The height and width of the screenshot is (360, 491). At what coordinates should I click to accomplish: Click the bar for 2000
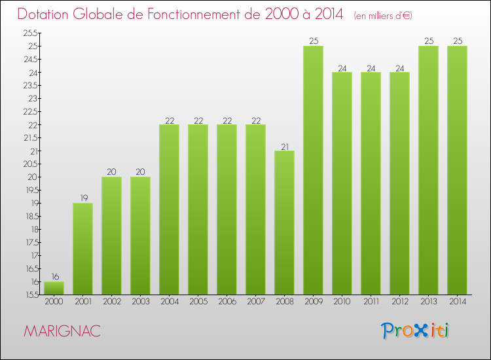pyautogui.click(x=54, y=288)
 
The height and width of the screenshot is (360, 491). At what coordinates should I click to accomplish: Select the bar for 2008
pyautogui.click(x=284, y=223)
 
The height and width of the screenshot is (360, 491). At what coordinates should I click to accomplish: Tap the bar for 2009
pyautogui.click(x=313, y=170)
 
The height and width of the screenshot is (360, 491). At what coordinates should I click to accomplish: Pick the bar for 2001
pyautogui.click(x=82, y=249)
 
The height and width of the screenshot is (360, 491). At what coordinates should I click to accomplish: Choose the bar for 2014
pyautogui.click(x=457, y=170)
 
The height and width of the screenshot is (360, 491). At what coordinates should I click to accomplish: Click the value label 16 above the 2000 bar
pyautogui.click(x=54, y=277)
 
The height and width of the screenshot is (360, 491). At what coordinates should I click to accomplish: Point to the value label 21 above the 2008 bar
pyautogui.click(x=284, y=146)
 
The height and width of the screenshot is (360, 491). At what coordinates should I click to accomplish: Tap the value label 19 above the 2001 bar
pyautogui.click(x=82, y=198)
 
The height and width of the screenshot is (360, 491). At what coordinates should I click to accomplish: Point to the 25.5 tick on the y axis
pyautogui.click(x=30, y=33)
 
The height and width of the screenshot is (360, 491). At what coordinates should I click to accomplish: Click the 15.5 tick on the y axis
pyautogui.click(x=30, y=295)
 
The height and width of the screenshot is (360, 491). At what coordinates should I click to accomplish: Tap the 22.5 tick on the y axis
pyautogui.click(x=30, y=112)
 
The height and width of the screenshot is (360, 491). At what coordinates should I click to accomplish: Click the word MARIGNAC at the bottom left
pyautogui.click(x=62, y=331)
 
